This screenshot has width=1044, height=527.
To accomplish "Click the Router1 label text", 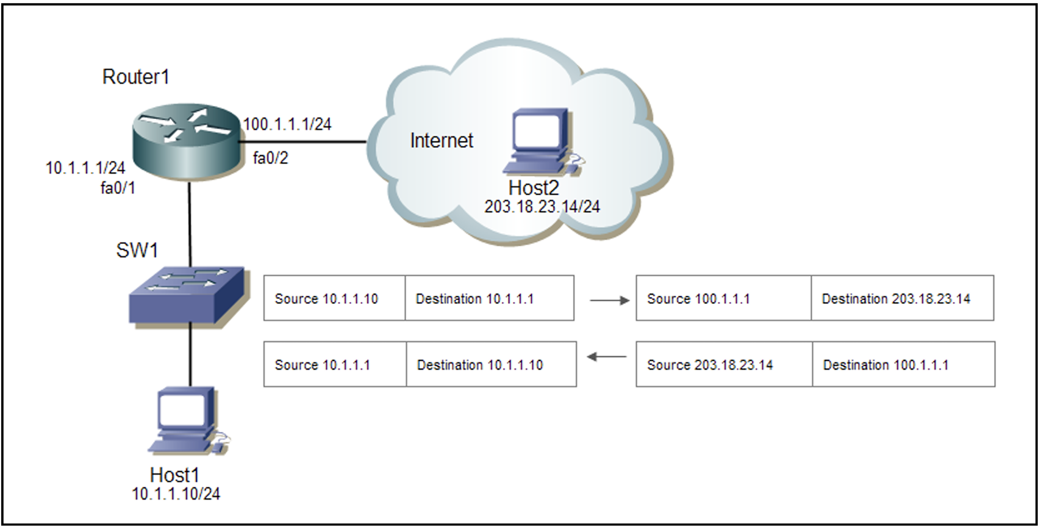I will click(135, 77).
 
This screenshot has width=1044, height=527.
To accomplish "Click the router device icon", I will click(186, 142).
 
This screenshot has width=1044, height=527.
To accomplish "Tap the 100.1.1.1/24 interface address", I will click(287, 124).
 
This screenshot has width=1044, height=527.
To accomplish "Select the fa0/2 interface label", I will click(270, 158).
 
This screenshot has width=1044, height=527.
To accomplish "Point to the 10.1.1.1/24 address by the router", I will click(85, 168).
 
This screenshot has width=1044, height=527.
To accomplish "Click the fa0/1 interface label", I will click(118, 188).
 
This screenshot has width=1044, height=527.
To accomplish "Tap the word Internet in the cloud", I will click(441, 141).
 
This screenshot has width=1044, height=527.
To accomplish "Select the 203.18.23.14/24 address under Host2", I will click(542, 207).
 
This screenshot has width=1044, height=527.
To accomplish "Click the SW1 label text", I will click(137, 250).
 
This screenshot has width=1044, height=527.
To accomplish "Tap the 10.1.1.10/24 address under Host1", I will click(176, 494).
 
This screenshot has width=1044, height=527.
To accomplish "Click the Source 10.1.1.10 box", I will click(334, 298).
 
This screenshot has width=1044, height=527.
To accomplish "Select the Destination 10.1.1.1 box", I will click(489, 298).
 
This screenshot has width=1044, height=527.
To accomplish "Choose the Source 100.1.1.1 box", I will click(723, 298).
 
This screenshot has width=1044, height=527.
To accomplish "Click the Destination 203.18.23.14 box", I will click(902, 298).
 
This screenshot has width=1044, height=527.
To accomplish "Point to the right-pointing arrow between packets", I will click(609, 300).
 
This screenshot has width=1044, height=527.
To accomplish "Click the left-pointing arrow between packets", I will click(606, 357).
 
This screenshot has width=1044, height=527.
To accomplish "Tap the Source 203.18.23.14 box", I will click(724, 365).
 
